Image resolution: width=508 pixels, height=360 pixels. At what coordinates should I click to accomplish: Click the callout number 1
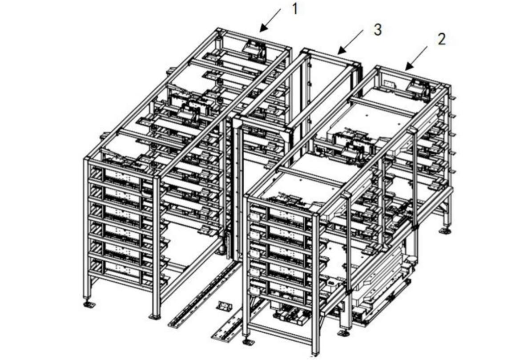(x=294, y=9)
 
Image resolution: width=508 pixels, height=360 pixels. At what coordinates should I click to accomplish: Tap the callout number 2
(x=441, y=39)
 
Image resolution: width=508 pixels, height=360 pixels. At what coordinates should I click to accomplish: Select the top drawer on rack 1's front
(x=121, y=176)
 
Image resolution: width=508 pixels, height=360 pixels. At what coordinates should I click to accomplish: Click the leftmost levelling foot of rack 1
(x=88, y=304)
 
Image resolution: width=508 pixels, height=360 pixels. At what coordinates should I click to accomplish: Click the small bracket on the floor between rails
(x=225, y=306)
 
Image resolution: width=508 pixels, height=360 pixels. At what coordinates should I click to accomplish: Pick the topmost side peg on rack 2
(x=452, y=96)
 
